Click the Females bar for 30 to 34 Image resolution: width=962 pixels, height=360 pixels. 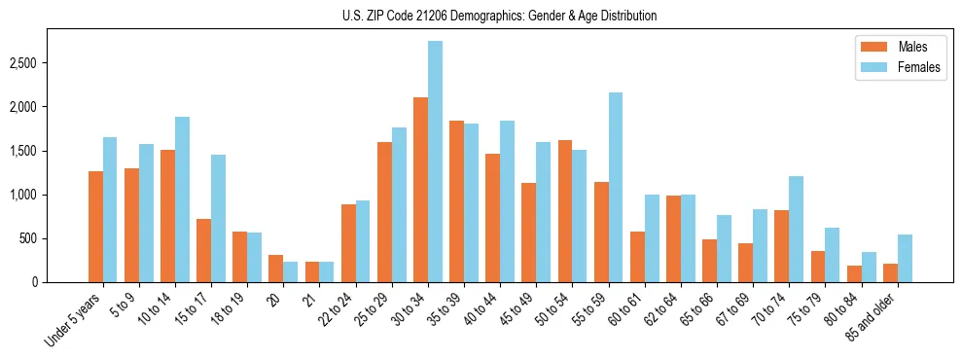pos(436,162)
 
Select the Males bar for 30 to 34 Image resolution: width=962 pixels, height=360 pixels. pos(421,190)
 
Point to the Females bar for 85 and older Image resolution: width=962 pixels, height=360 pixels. pos(905,258)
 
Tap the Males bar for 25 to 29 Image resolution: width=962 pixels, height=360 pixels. pos(385,212)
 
